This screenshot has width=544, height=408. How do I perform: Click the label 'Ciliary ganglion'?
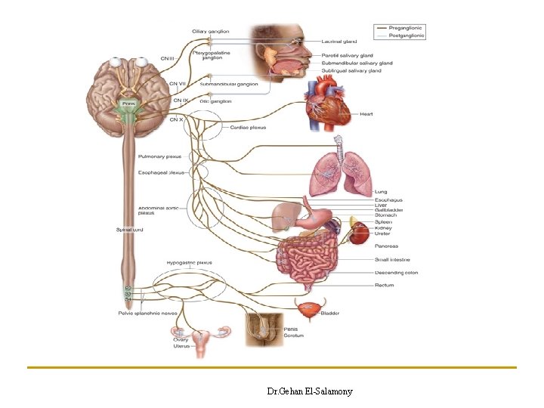tap(210, 31)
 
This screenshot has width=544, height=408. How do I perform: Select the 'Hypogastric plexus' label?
tap(189, 262)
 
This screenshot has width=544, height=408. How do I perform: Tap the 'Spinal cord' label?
tap(129, 229)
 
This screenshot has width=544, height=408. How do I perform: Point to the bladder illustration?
tap(308, 310)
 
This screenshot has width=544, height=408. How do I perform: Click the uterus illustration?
tap(202, 344)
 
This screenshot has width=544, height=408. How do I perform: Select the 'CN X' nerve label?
tap(177, 119)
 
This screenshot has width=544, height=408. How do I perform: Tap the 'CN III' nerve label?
tap(168, 57)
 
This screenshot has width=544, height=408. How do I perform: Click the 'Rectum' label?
tap(385, 285)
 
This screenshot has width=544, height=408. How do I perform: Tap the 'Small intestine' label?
tap(392, 260)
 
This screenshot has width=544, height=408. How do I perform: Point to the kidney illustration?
tap(357, 233)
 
